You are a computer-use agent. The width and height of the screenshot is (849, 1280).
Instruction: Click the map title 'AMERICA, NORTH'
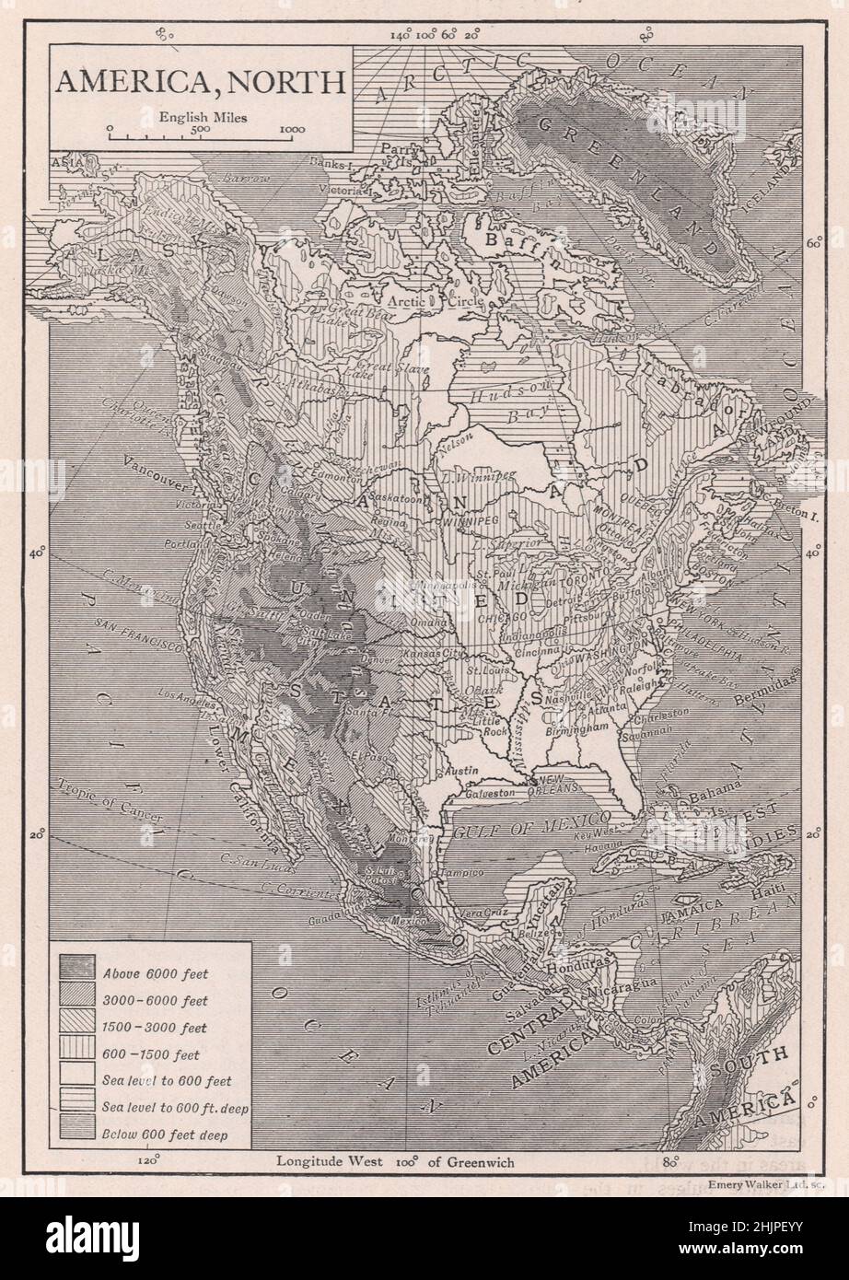pyautogui.click(x=201, y=80)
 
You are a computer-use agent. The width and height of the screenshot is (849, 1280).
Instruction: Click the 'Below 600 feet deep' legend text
pyautogui.click(x=165, y=1135)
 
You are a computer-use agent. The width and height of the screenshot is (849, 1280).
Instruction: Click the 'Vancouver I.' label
pyautogui.click(x=154, y=485)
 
